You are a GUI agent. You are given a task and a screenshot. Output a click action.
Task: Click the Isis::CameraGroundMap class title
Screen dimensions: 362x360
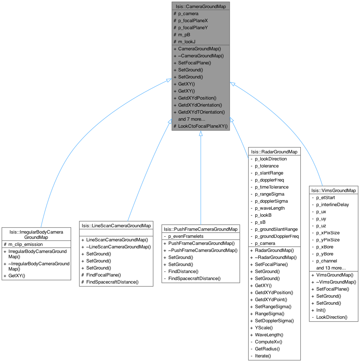(200, 6)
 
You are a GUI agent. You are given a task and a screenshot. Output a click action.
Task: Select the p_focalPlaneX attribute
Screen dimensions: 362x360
(193, 20)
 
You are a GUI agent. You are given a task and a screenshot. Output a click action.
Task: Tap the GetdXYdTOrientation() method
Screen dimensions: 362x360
(201, 112)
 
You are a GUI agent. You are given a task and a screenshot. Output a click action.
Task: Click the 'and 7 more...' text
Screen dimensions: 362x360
(192, 119)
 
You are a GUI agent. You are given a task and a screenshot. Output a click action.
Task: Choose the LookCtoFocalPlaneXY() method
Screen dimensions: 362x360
(203, 126)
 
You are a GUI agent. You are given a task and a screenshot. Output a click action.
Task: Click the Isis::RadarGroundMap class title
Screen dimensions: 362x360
(274, 152)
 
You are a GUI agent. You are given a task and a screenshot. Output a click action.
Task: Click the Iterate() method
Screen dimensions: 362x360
(263, 356)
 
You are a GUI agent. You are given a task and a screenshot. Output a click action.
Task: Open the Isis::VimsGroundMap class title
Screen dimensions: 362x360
(333, 190)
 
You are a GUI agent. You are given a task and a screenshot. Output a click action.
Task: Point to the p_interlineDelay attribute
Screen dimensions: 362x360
(333, 204)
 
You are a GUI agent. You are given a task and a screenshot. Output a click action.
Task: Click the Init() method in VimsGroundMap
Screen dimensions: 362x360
(321, 310)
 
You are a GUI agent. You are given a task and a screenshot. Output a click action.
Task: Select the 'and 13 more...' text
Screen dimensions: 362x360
(331, 268)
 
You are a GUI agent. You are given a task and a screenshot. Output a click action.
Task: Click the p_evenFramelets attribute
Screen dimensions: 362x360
(186, 236)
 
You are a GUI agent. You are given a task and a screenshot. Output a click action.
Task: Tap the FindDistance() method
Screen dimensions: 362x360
(183, 271)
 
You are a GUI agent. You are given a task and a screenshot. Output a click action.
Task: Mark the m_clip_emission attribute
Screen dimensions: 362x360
(24, 244)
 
